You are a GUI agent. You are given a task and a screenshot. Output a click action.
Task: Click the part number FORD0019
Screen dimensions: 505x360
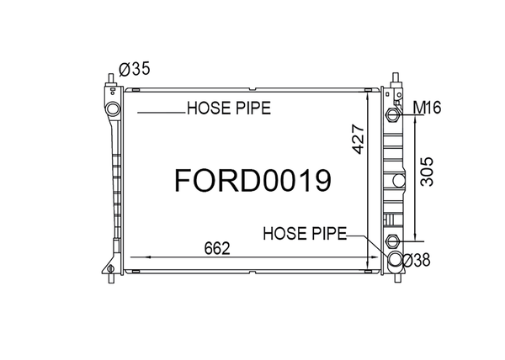(x=252, y=181)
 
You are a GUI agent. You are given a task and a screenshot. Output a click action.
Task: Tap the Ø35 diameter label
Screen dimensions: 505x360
(x=135, y=69)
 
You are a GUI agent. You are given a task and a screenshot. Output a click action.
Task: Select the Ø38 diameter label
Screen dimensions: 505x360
(x=416, y=260)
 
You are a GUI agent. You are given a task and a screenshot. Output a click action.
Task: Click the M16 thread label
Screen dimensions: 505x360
(x=427, y=108)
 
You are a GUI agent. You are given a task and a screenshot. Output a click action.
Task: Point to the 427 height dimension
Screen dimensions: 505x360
(x=359, y=139)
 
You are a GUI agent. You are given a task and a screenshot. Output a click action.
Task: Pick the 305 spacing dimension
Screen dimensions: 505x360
(x=428, y=172)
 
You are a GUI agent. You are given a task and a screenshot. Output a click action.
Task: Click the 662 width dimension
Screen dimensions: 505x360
(x=217, y=248)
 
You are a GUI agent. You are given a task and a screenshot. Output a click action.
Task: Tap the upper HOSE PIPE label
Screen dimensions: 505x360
(x=229, y=109)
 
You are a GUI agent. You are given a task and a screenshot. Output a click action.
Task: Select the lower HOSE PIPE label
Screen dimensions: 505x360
(x=305, y=233)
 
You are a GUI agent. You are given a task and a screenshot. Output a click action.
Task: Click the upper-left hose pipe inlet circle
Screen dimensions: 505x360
(x=113, y=109)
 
